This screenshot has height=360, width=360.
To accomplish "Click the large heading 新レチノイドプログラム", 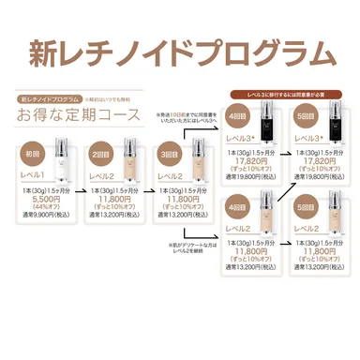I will (x=180, y=52).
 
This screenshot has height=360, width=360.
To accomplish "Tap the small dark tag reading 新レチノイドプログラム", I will (x=50, y=97).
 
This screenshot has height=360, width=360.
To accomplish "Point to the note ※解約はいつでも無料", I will (x=110, y=97).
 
